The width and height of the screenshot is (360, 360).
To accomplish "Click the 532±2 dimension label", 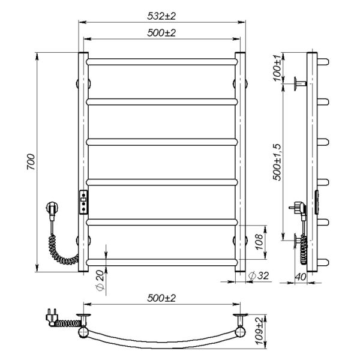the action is point(161,16).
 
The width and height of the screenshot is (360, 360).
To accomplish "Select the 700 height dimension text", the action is point(31,162).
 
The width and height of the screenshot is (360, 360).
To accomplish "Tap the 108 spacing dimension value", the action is point(259,242).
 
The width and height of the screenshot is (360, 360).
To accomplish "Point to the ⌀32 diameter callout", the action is point(259,275).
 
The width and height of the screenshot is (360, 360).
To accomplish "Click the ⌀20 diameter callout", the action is point(100,280).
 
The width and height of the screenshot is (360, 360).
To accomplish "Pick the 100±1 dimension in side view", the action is point(277,68).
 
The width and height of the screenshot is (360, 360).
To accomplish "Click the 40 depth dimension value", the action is point(301,277).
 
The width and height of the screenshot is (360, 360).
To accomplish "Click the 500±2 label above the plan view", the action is point(161,298).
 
